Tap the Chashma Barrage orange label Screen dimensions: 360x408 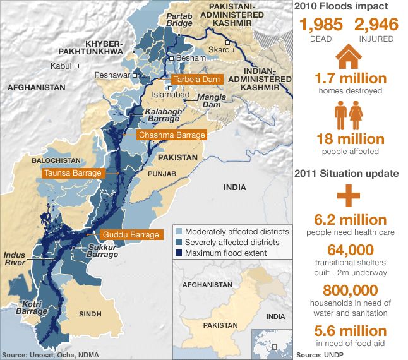pos(172,135)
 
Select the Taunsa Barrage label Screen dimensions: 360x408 pos(71,173)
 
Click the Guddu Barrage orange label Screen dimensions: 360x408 pos(130,235)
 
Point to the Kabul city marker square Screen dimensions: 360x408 pos(77,66)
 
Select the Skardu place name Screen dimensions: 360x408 pos(220,49)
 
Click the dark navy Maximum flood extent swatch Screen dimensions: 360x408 pos(179,253)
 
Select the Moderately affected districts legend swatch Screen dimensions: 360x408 pos(179,232)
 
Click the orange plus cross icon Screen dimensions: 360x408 pos(348,197)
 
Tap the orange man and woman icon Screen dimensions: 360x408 pos(348,118)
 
